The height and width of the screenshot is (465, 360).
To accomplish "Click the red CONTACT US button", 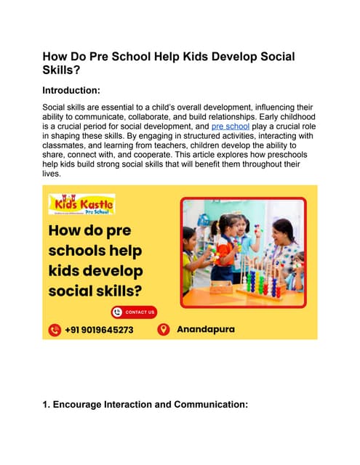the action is click(134, 312).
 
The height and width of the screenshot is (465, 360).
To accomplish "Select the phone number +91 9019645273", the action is click(99, 330).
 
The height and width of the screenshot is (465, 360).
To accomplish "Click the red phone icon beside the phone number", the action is click(54, 330).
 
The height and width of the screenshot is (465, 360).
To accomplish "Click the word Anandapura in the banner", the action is click(206, 330).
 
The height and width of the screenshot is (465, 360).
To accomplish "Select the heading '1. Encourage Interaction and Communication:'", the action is click(146, 418).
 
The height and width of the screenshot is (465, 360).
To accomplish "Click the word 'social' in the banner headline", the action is click(68, 291).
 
